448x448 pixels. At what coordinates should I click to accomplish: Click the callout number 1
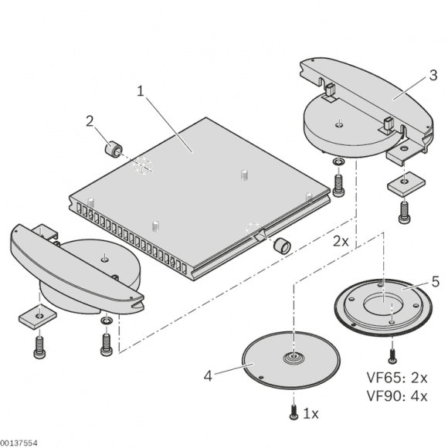click(x=140, y=91)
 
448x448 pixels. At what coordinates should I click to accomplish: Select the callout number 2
click(x=90, y=120)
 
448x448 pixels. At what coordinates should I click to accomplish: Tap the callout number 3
click(x=433, y=75)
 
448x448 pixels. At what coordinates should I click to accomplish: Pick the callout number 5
click(x=435, y=281)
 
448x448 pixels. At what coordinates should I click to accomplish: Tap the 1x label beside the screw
click(x=311, y=414)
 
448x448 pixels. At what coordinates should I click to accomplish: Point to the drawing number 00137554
click(x=19, y=443)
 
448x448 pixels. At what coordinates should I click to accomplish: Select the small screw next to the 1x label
click(x=294, y=414)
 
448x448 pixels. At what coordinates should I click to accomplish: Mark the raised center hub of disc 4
click(x=294, y=358)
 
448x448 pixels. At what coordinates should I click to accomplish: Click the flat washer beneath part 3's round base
click(x=338, y=162)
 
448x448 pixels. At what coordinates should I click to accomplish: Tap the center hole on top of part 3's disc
click(x=339, y=121)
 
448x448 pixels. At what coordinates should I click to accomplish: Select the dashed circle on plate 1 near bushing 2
click(x=142, y=165)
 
